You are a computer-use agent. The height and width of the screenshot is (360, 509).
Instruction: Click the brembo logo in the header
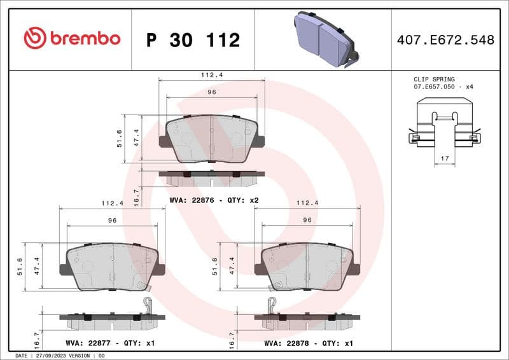[72, 39]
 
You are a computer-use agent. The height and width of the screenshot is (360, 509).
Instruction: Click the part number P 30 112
[193, 40]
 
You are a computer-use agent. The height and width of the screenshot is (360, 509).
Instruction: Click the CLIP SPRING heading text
[434, 80]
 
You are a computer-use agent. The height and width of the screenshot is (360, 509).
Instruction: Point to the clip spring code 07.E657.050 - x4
[443, 87]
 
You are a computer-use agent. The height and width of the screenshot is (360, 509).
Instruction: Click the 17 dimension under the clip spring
[445, 156]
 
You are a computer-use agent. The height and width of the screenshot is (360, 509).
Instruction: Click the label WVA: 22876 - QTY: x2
[214, 200]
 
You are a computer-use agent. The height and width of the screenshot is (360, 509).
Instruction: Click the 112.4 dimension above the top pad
[211, 75]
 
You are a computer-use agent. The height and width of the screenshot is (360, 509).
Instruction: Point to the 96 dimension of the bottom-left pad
[112, 220]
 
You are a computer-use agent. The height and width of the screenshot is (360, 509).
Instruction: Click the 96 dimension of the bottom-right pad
[307, 220]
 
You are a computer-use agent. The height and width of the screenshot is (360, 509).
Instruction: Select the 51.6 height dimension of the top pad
[119, 138]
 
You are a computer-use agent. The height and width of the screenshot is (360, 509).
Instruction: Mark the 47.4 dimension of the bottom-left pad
[36, 266]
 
